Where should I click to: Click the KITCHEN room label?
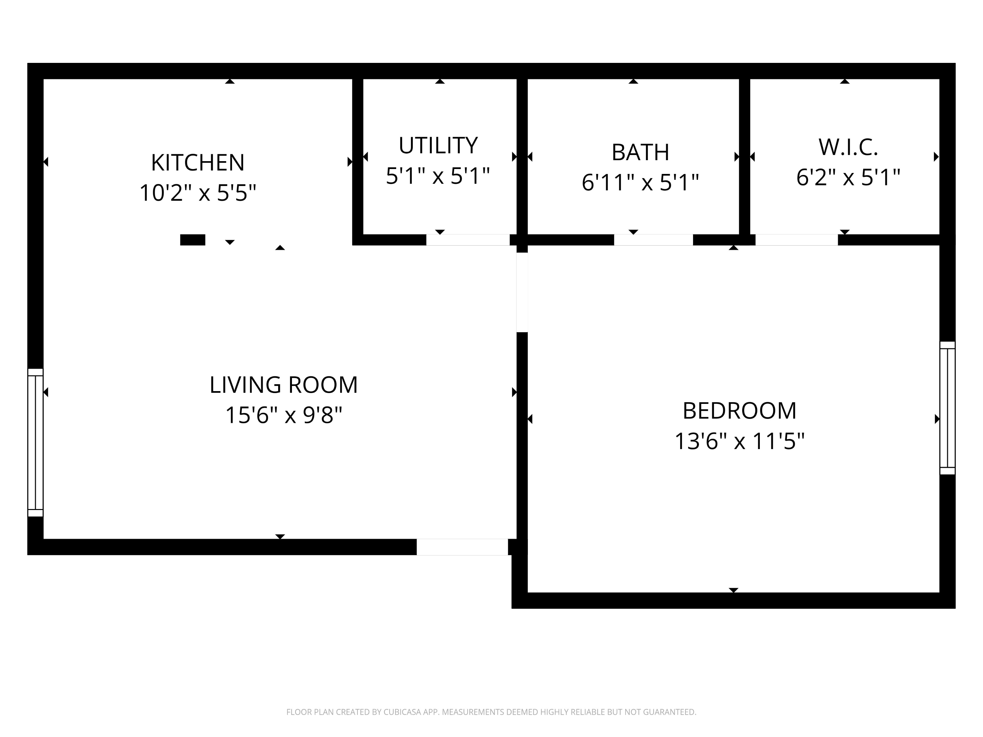pos(198,162)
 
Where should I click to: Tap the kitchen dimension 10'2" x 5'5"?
pos(198,193)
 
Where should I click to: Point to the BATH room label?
pos(640,152)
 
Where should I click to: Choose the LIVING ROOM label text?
pos(283,385)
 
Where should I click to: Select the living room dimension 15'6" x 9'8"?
pos(283,415)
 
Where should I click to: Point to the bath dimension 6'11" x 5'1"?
pos(640,182)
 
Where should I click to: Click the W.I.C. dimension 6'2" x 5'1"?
pos(848,177)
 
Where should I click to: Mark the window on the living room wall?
pos(35,443)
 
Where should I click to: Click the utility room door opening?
pos(468,240)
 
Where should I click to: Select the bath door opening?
pos(653,240)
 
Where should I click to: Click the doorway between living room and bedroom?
pos(522,292)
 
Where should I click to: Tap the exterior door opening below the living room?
pos(462,547)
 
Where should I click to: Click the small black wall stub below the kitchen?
pos(192,240)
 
